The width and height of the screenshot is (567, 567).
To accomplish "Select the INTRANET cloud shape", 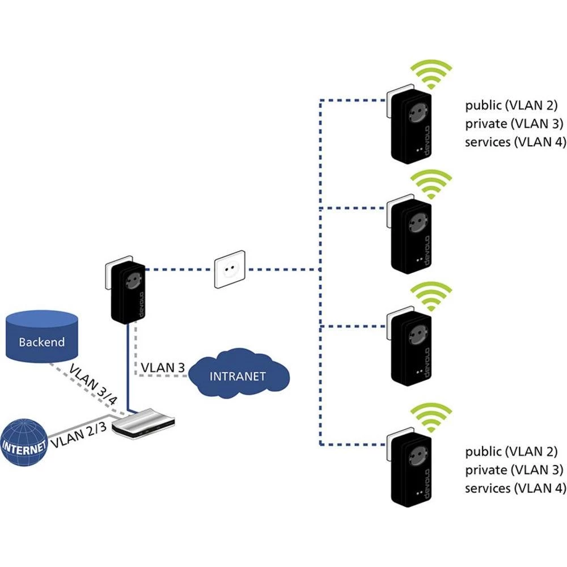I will [238, 375].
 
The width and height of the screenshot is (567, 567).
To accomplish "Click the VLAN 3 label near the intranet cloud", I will [163, 367].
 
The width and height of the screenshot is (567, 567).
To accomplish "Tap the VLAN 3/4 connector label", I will [94, 384].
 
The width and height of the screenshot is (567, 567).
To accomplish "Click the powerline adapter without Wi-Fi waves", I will [126, 292].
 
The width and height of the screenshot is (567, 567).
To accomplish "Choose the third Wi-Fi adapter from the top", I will [411, 348].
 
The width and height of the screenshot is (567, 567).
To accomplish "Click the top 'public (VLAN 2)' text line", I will [511, 105].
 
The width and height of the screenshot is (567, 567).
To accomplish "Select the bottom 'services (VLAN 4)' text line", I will [515, 488].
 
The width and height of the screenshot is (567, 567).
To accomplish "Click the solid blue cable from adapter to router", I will [130, 369].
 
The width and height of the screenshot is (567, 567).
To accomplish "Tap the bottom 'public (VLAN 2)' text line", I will [511, 452].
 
